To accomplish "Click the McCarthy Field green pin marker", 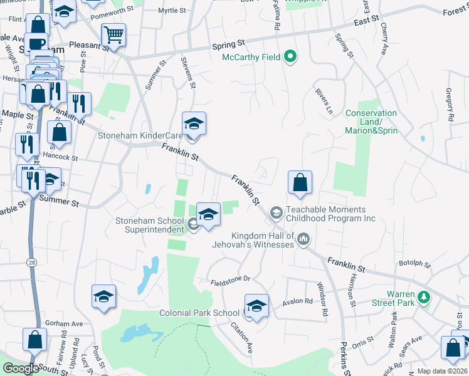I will pos(290,58).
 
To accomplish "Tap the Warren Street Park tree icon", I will pos(424,296).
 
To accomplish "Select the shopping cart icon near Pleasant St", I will pos(113,35).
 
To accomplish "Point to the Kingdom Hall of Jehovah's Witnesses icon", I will pos(304,238).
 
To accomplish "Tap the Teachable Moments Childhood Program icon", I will pos(276,214).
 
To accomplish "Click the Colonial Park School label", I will pos(199,313).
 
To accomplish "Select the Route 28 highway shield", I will pos(32,261).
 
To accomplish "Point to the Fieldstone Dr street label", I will pos(230,279).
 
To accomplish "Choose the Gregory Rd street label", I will pos(450,105).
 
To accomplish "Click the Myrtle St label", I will pos(172,11).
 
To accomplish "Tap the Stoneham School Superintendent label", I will pos(149,224).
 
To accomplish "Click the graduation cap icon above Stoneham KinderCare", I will pos(194,123).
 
